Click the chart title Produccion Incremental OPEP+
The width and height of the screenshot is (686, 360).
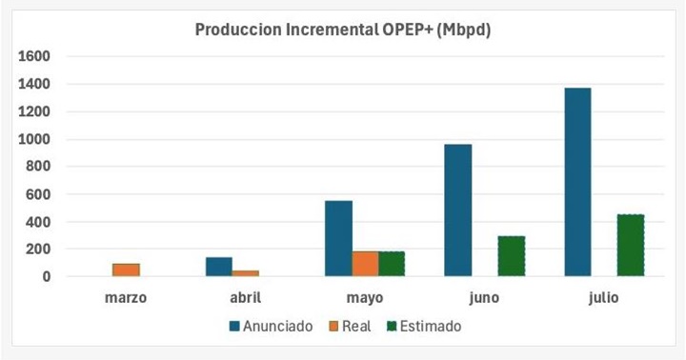342,30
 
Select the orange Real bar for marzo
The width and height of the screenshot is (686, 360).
126,270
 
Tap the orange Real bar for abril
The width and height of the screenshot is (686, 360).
245,273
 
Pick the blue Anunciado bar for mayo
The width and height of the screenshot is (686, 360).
338,238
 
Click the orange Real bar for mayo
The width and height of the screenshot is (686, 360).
365,264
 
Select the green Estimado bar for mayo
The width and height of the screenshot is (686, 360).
392,264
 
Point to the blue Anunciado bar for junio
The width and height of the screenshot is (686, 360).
457,210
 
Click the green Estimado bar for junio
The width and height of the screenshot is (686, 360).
511,256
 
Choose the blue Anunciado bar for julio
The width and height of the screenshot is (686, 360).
576,182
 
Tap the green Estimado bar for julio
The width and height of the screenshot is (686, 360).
630,245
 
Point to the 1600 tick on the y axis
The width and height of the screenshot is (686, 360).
34,56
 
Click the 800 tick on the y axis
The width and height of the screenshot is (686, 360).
38,167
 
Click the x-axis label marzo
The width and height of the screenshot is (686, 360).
126,297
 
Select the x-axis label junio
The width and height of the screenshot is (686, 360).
484,297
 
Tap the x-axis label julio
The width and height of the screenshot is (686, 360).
603,297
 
